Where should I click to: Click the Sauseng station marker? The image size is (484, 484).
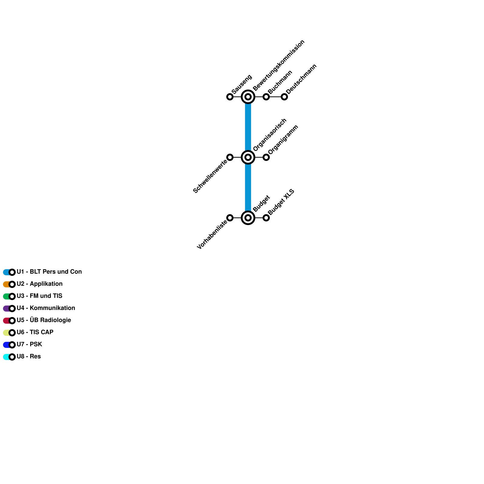pyautogui.click(x=230, y=97)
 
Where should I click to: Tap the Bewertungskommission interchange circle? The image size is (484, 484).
pyautogui.click(x=248, y=97)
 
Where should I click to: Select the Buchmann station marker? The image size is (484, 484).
pyautogui.click(x=266, y=97)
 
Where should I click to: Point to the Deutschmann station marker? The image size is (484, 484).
pyautogui.click(x=284, y=97)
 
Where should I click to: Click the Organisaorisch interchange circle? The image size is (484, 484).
pyautogui.click(x=248, y=157)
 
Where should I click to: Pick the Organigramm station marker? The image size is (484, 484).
pyautogui.click(x=266, y=157)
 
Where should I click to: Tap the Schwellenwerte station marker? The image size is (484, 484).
pyautogui.click(x=230, y=157)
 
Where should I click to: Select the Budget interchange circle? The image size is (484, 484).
pyautogui.click(x=248, y=218)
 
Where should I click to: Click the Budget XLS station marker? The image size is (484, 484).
pyautogui.click(x=266, y=218)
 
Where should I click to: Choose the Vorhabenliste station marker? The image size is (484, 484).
pyautogui.click(x=230, y=218)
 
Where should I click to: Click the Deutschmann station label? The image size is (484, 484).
pyautogui.click(x=301, y=79)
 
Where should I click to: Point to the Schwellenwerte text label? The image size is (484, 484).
pyautogui.click(x=210, y=177)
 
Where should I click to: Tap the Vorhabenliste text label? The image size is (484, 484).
pyautogui.click(x=212, y=235)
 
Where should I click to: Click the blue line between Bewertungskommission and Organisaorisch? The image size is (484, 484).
pyautogui.click(x=248, y=127)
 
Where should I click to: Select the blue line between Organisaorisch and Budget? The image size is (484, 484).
pyautogui.click(x=248, y=188)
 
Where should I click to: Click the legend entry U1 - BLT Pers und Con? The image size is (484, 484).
pyautogui.click(x=49, y=272)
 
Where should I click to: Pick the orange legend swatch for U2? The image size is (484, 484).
pyautogui.click(x=6, y=284)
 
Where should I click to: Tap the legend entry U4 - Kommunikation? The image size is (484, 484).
pyautogui.click(x=46, y=308)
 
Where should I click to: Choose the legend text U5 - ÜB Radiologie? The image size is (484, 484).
pyautogui.click(x=44, y=320)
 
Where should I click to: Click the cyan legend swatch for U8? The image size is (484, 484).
pyautogui.click(x=6, y=357)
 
